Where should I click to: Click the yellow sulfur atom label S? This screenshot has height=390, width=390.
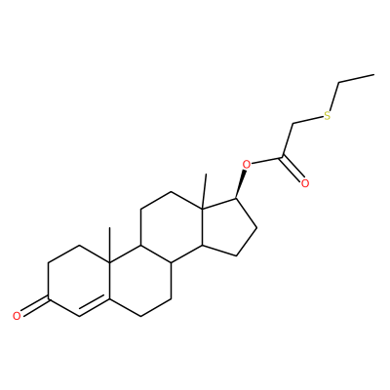point(327,115)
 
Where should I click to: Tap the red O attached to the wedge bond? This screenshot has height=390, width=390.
point(247,165)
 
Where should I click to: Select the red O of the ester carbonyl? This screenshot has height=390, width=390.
point(304,183)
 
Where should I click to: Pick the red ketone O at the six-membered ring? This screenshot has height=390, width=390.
point(17,315)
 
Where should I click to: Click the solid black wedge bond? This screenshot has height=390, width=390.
point(242,184)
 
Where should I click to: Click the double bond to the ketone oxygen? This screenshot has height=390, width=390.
point(34,305)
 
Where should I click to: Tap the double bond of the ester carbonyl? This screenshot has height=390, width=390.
point(292,169)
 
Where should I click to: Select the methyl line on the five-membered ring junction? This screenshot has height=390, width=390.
point(204,190)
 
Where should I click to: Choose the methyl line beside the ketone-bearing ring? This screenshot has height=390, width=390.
point(110,246)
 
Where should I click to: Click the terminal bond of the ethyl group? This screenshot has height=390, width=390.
point(356,79)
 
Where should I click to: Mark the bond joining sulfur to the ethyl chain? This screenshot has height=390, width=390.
point(334,97)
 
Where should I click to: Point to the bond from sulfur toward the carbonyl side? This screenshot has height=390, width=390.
point(308,121)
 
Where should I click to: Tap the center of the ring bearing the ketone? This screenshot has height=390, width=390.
point(79,281)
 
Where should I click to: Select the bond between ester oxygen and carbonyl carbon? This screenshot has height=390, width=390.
point(267,161)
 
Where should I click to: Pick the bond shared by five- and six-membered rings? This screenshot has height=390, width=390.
point(202,227)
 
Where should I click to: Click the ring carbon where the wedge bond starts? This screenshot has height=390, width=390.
point(237,199)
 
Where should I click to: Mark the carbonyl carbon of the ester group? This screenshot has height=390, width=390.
point(283,158)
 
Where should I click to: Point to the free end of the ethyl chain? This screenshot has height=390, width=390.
point(374,75)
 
